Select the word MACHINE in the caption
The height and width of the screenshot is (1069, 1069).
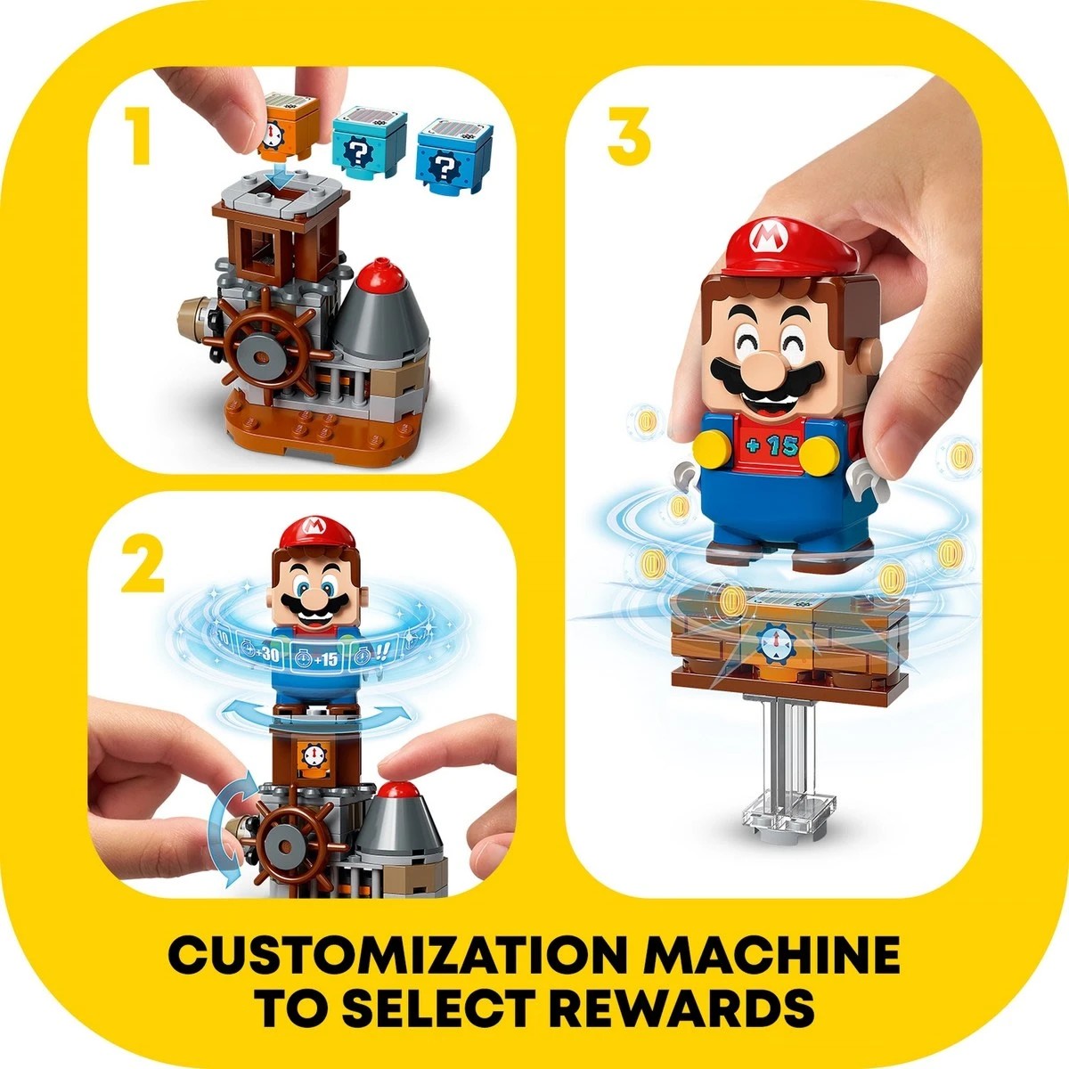pos(771,958)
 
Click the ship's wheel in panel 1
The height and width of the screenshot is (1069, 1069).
pos(264,357)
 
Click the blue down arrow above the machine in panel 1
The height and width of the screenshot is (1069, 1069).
pos(283,177)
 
